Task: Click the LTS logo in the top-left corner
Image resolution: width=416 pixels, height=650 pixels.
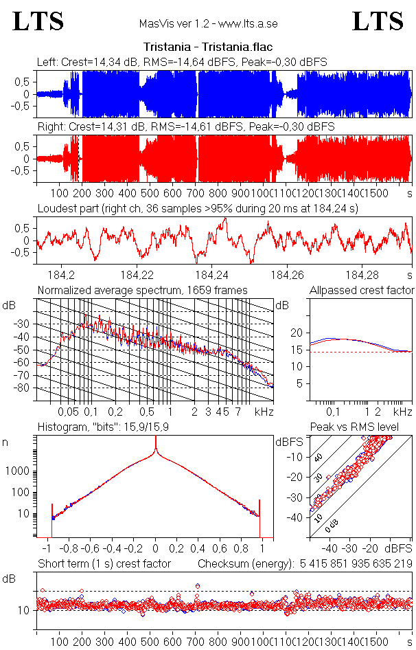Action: tap(38, 21)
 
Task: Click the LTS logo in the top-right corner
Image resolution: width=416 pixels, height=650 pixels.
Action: tap(378, 21)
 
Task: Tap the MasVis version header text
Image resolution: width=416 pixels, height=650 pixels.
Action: tap(208, 24)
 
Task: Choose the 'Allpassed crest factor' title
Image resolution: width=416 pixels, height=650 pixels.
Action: tap(362, 291)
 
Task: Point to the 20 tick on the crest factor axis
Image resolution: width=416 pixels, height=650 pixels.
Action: tap(297, 333)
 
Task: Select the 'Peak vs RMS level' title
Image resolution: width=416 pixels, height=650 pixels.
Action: tap(363, 427)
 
